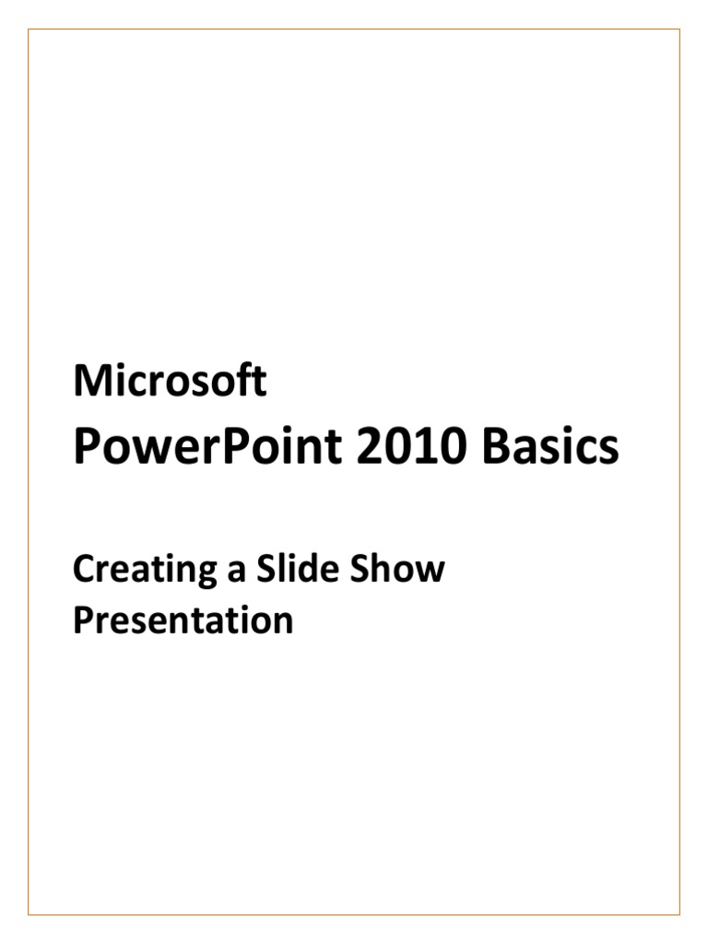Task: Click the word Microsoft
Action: (170, 381)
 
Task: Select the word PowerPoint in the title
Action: (207, 448)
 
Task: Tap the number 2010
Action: (412, 446)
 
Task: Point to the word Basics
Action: (550, 446)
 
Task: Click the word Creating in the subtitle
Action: (145, 571)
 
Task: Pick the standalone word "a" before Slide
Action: (237, 572)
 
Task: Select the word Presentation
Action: (183, 619)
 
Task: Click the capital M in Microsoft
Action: (90, 381)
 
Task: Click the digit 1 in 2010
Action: (427, 446)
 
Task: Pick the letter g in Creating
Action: (206, 576)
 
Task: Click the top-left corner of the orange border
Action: (29, 29)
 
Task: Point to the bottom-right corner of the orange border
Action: (679, 915)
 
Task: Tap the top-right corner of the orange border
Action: (679, 29)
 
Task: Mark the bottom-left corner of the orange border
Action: (29, 915)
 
